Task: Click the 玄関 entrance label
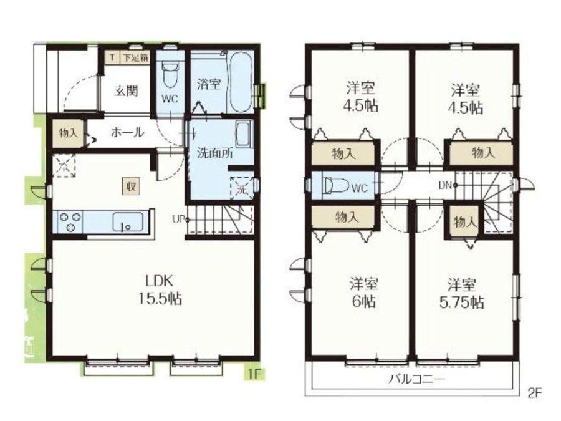pos(127,91)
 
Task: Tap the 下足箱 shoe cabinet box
pos(135,57)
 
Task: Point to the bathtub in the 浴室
pos(240,82)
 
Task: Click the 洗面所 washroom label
pos(215,153)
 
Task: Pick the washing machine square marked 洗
pos(242,188)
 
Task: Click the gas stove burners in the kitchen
pos(70,221)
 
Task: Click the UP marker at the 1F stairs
pos(180,220)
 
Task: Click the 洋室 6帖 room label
pos(364,293)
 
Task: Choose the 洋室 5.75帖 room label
pos(461,294)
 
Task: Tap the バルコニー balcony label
pos(417,379)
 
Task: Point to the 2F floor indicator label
pos(535,393)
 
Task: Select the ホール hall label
pos(127,132)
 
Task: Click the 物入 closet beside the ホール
pos(68,133)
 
